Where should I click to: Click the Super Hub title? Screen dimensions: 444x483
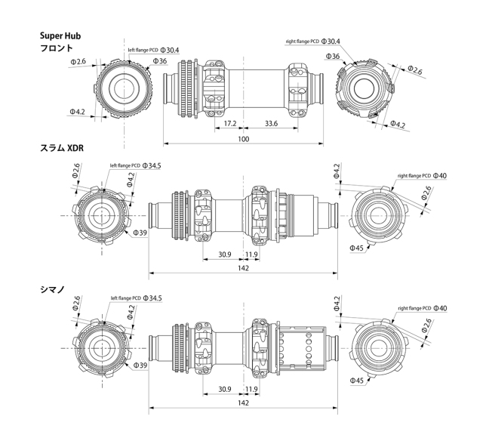[60, 35]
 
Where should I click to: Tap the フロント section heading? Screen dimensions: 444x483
[57, 48]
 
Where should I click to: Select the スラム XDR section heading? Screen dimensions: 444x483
[61, 149]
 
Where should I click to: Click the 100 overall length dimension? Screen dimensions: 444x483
[244, 140]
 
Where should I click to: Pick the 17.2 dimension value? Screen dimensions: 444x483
[230, 123]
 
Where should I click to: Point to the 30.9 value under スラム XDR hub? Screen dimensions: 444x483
[224, 254]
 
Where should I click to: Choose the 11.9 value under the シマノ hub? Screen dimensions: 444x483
[252, 390]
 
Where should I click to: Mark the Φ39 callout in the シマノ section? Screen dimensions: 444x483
[140, 366]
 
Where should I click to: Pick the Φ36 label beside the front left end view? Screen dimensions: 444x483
[159, 61]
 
